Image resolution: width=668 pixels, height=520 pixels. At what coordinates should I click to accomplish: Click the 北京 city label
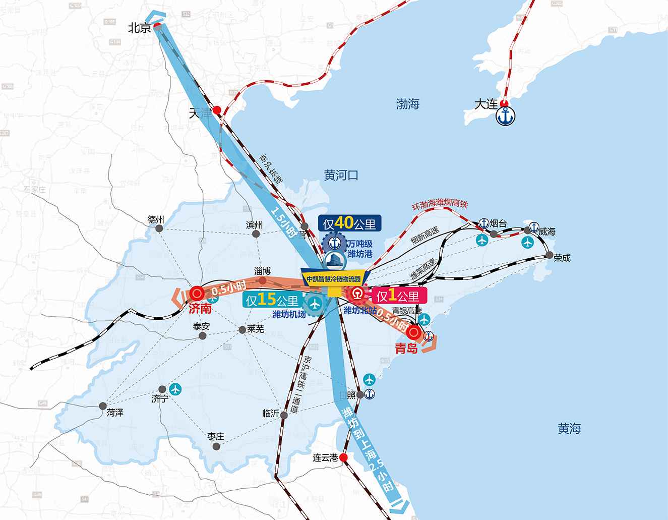click(x=139, y=28)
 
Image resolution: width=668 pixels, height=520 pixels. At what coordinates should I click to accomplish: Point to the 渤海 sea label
click(x=408, y=104)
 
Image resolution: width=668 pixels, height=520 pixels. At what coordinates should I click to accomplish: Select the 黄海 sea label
click(x=569, y=429)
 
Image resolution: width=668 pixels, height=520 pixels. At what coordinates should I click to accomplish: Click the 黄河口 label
click(x=341, y=176)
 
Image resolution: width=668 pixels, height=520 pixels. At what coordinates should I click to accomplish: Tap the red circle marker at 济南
click(x=197, y=293)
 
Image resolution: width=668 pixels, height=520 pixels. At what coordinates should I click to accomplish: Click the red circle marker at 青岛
click(x=414, y=332)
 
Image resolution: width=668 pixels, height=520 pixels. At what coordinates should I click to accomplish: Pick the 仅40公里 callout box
click(x=350, y=223)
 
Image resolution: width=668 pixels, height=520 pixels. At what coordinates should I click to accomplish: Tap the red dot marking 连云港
click(x=343, y=457)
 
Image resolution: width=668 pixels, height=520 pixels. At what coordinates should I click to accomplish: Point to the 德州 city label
click(x=156, y=219)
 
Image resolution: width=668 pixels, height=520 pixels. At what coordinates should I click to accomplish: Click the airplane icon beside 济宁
click(x=175, y=389)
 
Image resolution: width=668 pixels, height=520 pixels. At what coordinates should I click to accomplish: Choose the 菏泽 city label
click(x=114, y=412)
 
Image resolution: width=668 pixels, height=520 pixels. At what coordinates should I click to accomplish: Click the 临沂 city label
click(x=271, y=413)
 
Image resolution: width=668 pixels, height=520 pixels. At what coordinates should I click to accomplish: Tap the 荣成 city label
click(x=562, y=257)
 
